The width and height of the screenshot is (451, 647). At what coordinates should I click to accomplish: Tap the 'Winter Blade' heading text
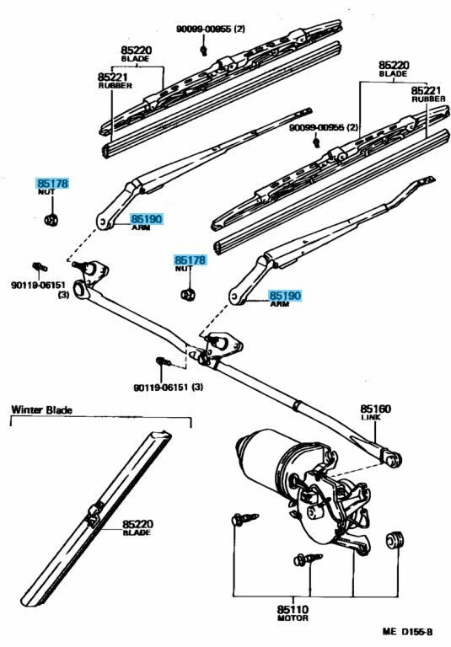pyautogui.click(x=41, y=410)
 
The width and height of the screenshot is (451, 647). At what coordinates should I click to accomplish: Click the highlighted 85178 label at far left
pyautogui.click(x=51, y=183)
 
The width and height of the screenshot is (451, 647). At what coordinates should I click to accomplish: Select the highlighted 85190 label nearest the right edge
pyautogui.click(x=284, y=296)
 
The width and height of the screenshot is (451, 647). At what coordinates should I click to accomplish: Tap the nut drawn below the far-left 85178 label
pyautogui.click(x=50, y=221)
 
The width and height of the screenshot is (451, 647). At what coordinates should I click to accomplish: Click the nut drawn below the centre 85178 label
pyautogui.click(x=189, y=295)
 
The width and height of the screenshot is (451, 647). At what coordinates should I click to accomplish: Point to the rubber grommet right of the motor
pyautogui.click(x=392, y=540)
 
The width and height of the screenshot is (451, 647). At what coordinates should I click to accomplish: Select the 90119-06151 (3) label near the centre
pyautogui.click(x=168, y=387)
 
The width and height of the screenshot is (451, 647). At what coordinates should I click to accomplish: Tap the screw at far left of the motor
pyautogui.click(x=238, y=521)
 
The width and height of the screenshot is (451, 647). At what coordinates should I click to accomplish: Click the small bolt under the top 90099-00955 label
pyautogui.click(x=205, y=51)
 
